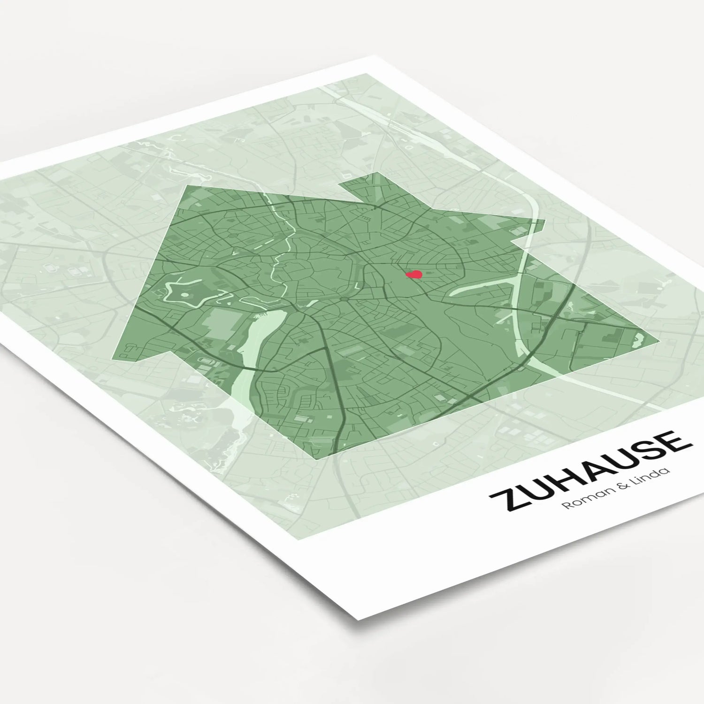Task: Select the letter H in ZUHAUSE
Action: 563,479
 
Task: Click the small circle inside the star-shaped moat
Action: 184,295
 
